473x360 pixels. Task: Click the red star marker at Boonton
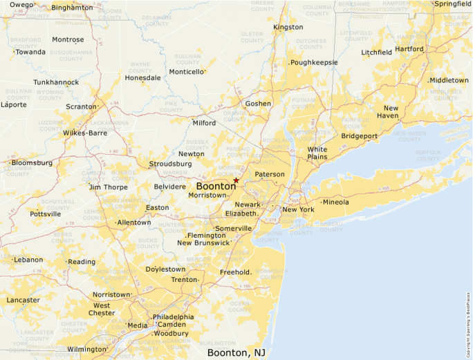(x=236, y=180)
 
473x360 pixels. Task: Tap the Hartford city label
(x=409, y=49)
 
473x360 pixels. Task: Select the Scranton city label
(x=82, y=106)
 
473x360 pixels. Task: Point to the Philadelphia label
(x=173, y=317)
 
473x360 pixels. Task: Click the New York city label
(x=298, y=209)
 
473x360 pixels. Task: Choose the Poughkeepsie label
(x=314, y=62)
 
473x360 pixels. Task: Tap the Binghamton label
(x=72, y=8)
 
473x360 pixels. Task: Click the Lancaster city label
(x=23, y=300)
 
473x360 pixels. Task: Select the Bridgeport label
(x=360, y=136)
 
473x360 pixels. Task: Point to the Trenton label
(x=184, y=280)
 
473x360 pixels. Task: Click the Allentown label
(x=134, y=222)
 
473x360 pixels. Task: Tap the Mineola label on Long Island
(x=335, y=202)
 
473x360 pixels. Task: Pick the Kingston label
(x=288, y=27)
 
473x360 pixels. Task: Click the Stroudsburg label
(x=170, y=164)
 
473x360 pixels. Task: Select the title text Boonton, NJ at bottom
(x=236, y=352)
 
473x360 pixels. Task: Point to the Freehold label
(x=235, y=272)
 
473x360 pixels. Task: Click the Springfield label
(x=453, y=3)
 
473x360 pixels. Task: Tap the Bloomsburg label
(x=32, y=163)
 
